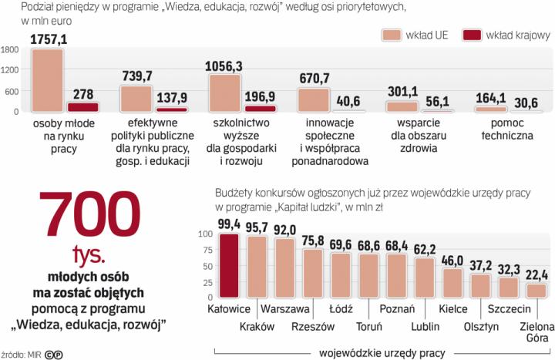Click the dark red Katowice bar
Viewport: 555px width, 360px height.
(229, 265)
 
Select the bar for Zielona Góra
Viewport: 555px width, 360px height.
(536, 291)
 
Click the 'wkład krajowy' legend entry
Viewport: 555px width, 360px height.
(506, 35)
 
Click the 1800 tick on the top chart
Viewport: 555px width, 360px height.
(11, 50)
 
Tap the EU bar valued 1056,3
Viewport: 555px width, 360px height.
(225, 93)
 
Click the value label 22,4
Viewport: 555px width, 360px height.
(537, 275)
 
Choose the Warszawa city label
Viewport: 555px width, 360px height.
(284, 308)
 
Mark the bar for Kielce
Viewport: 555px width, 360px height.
(452, 283)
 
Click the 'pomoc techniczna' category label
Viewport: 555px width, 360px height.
(503, 130)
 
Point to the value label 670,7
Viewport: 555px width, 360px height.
(313, 79)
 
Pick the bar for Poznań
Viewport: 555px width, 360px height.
(396, 275)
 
